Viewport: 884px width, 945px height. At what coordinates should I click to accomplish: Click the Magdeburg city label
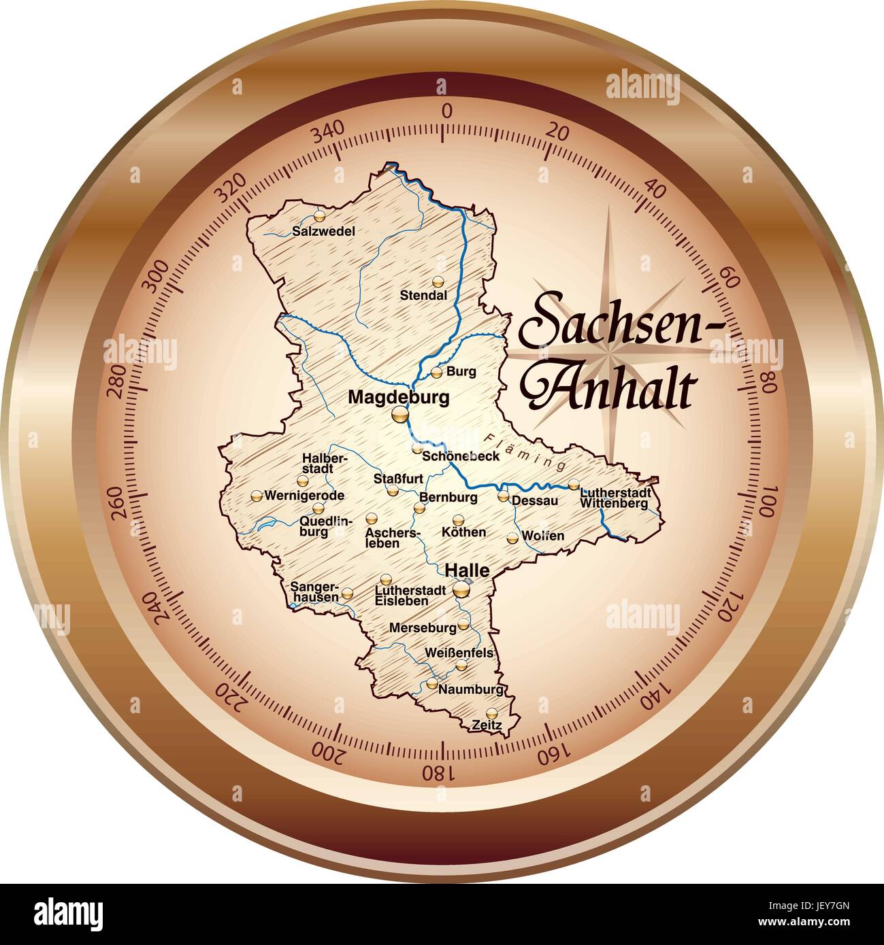click(x=398, y=397)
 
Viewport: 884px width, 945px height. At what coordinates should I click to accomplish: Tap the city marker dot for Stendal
click(x=438, y=281)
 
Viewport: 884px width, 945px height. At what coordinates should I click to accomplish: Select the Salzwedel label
click(x=324, y=231)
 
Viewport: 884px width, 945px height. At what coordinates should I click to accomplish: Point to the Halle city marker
click(x=462, y=589)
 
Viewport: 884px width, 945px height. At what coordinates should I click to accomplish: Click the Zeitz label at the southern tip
click(x=487, y=726)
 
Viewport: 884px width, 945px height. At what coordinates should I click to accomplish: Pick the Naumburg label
click(x=471, y=689)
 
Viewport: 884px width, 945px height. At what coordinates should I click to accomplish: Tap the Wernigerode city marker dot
click(x=257, y=496)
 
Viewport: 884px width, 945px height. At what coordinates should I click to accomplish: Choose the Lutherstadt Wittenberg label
click(x=615, y=498)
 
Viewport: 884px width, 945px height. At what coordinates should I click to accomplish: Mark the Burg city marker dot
click(x=437, y=372)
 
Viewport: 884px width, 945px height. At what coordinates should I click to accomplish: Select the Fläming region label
click(x=525, y=451)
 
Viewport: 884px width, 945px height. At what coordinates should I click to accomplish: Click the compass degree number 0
click(x=447, y=111)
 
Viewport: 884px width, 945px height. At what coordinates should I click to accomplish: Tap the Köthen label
click(x=464, y=532)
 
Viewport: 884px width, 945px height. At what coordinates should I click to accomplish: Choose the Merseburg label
click(x=422, y=628)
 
